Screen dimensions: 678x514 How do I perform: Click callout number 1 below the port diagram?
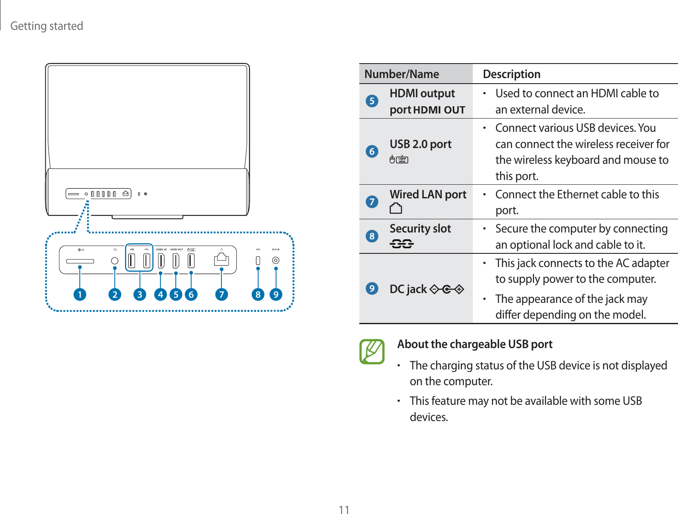80,294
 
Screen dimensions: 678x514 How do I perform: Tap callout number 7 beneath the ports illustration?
221,294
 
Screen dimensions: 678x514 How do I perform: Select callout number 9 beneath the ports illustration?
276,294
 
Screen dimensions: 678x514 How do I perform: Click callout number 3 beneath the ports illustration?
140,294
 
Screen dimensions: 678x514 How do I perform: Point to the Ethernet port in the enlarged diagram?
221,259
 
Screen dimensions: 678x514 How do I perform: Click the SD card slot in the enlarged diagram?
80,261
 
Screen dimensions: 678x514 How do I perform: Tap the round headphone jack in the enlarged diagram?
114,261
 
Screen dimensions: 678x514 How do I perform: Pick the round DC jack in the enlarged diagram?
276,260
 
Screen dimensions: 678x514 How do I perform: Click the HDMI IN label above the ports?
161,250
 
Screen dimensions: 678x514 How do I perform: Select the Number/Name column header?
402,74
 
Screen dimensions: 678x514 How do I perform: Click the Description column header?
512,74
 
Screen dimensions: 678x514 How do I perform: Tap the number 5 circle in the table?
372,101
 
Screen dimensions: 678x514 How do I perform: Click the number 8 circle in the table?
372,236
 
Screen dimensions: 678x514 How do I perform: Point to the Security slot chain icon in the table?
402,244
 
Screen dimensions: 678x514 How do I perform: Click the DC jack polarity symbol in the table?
447,290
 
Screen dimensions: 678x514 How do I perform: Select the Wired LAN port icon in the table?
396,209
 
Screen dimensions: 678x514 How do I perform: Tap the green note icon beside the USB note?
372,351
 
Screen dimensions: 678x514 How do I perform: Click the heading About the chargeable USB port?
474,344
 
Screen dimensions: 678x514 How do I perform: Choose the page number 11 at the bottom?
344,510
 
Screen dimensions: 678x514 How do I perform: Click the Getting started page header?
47,26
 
